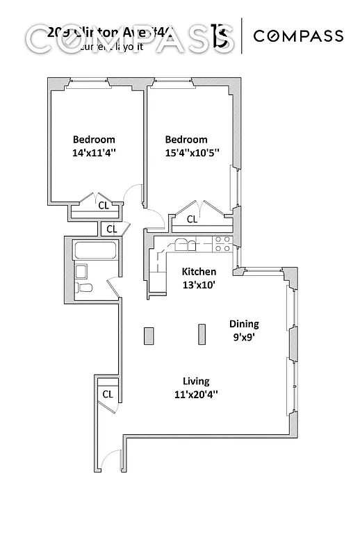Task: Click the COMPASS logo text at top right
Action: click(298, 36)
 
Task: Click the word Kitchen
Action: click(199, 272)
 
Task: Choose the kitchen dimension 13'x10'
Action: click(199, 285)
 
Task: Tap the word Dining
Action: click(244, 324)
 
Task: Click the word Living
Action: click(196, 381)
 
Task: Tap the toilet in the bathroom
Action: click(84, 288)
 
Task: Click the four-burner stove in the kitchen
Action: click(222, 243)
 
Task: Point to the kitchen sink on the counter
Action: click(182, 243)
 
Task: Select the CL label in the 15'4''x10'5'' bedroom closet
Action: click(191, 220)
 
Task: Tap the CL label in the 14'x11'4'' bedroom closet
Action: click(102, 205)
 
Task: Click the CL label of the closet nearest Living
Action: click(107, 394)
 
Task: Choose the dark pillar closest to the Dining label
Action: click(202, 334)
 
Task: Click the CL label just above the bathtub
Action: click(110, 228)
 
